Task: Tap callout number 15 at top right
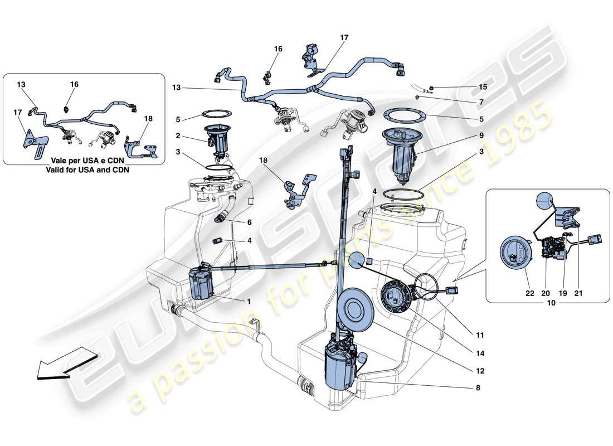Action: coord(483,87)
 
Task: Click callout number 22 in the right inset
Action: coord(526,292)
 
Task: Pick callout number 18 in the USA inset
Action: coord(148,119)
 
